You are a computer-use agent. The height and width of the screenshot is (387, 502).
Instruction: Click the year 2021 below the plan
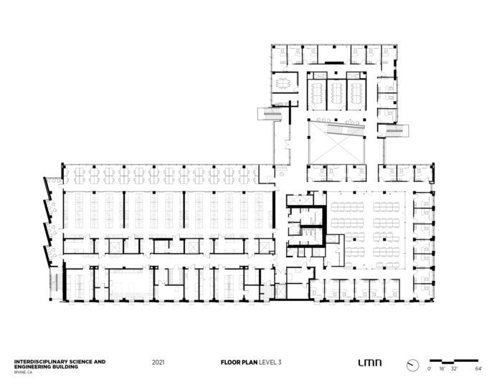tap(158, 363)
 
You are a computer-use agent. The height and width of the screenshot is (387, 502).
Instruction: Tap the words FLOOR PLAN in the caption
tap(239, 363)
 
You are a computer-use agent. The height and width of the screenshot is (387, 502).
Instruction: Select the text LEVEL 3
tap(270, 363)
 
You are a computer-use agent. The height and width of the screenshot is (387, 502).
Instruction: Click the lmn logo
tap(370, 363)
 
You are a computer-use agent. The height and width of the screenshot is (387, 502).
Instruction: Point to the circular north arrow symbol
tap(412, 365)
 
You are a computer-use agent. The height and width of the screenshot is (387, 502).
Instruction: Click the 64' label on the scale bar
tap(478, 369)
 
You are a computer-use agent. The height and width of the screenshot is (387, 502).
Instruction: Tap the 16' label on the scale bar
tap(442, 369)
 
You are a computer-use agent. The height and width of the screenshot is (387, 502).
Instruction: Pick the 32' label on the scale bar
tap(454, 369)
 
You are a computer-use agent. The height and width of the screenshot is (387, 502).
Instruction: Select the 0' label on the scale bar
tap(430, 369)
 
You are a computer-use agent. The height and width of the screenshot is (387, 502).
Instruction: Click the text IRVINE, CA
tap(23, 372)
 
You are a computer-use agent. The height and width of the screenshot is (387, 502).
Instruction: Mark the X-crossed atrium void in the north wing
tap(336, 147)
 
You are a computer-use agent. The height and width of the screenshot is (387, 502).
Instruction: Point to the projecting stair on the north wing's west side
tap(270, 114)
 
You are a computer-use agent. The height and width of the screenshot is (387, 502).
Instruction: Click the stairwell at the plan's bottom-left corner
tap(55, 282)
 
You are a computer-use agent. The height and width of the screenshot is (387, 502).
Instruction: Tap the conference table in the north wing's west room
tap(283, 83)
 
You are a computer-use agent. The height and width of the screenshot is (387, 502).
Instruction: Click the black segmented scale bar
tap(454, 361)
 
